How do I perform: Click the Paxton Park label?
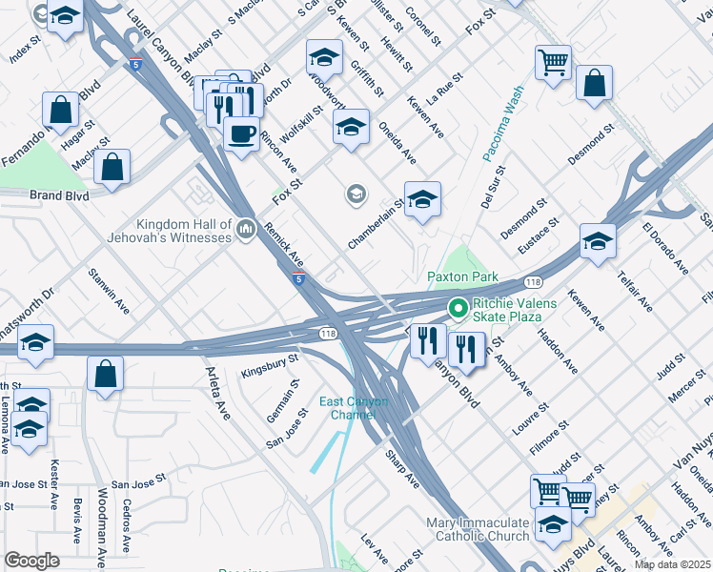[x=462, y=276]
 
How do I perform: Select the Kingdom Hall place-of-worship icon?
[x=247, y=229]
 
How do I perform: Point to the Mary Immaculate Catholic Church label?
[x=478, y=530]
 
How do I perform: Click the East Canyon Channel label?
[x=346, y=407]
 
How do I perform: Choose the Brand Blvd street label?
[x=59, y=195]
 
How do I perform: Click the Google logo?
[x=31, y=561]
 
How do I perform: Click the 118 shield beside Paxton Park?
[x=533, y=282]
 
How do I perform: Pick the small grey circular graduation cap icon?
[x=356, y=194]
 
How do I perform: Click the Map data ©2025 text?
[x=672, y=564]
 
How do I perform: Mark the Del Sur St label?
[x=492, y=186]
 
